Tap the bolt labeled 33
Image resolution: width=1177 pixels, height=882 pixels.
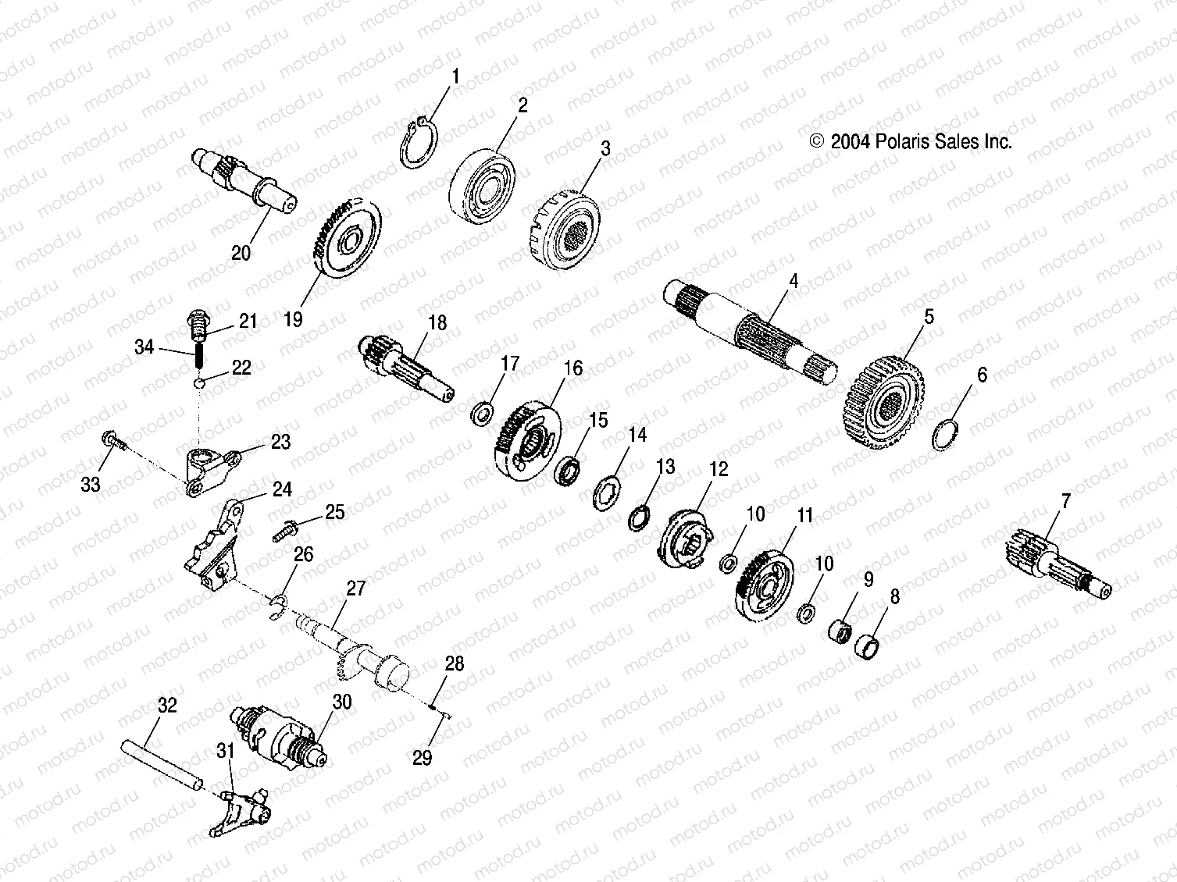point(113,442)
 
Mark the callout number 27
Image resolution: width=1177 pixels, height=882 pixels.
point(355,588)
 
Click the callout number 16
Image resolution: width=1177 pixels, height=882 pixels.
point(573,368)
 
